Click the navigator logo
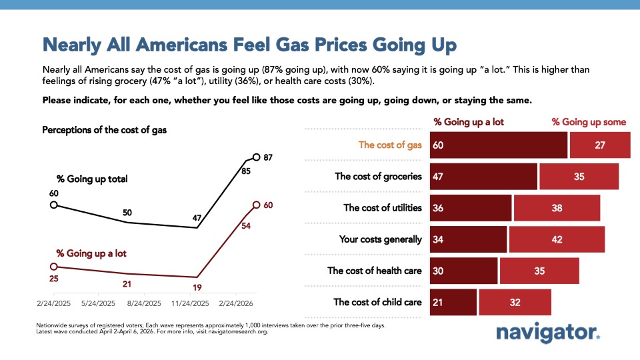(548, 333)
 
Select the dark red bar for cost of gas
(499, 145)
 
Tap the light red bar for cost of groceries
(579, 177)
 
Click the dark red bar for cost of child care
(453, 302)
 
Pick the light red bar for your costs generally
(557, 239)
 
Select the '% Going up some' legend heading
(589, 122)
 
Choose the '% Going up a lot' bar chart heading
(469, 122)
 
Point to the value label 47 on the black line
(197, 217)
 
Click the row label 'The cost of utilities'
(383, 208)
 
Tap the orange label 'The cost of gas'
(390, 145)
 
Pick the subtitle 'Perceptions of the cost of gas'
(104, 130)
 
